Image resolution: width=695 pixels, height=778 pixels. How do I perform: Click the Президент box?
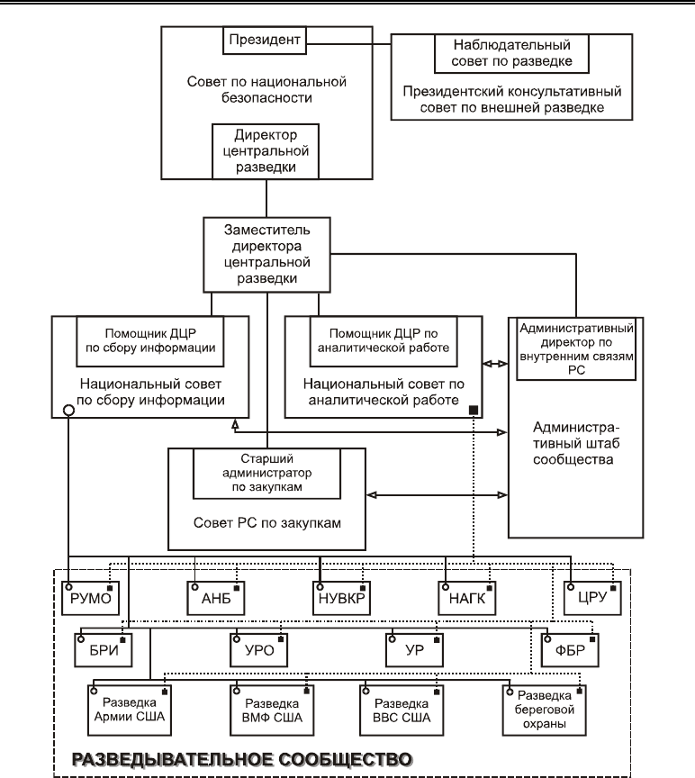coord(265,41)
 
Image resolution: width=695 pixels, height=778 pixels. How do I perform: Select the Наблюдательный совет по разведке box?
coord(511,54)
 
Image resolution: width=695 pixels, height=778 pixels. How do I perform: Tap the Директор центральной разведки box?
coord(266,151)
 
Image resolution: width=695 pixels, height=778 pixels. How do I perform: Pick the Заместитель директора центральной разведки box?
coord(266,255)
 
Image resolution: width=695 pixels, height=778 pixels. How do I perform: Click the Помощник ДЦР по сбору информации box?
coord(149,341)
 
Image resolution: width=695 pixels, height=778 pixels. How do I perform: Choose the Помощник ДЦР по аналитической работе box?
coord(384,341)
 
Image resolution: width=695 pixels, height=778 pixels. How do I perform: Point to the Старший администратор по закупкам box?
coord(266,474)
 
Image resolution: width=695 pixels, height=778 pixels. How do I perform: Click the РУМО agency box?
coord(90,599)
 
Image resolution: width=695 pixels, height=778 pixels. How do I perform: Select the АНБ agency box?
coord(216,599)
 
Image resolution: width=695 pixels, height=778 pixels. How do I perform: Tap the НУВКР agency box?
coord(341,599)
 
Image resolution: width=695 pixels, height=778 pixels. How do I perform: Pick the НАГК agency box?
coord(467,599)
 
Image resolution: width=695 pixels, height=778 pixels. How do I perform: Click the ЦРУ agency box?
coord(592,599)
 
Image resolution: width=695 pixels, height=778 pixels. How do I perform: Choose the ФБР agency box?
coord(570,650)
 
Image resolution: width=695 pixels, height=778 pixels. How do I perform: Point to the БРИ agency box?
coord(104,650)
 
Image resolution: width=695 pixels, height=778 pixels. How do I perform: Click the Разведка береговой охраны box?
coord(544,710)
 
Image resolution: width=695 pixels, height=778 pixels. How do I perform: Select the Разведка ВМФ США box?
coord(272,710)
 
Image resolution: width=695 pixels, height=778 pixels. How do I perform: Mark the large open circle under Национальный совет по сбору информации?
coord(69,411)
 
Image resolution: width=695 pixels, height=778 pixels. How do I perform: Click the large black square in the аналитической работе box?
coord(474,410)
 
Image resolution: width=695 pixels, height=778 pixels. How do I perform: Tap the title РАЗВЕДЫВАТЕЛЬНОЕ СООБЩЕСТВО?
coord(242,760)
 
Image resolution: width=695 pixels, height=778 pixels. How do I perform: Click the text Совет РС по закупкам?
coord(266,523)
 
